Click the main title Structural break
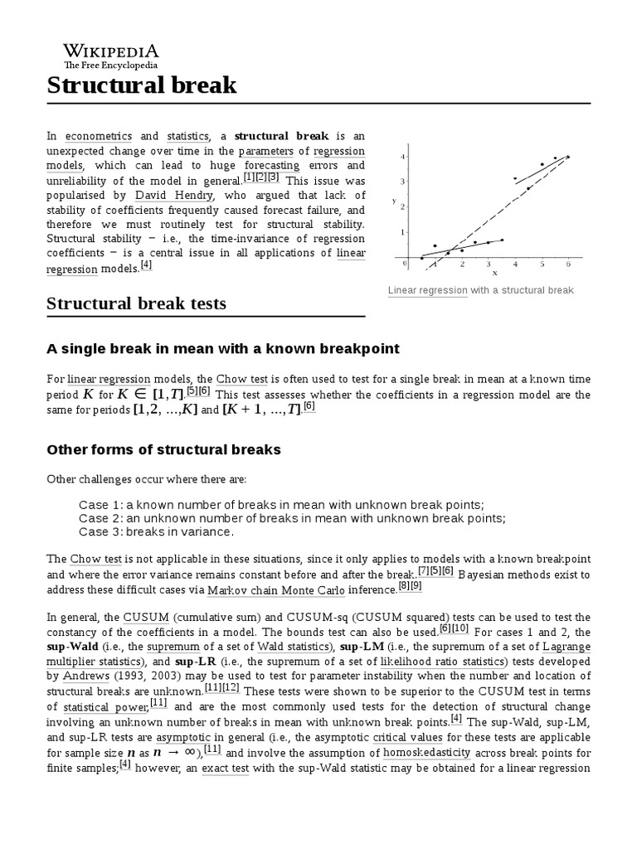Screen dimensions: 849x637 tap(141, 85)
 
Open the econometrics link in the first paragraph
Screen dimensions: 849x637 tap(98, 136)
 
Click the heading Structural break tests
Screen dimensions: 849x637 tap(136, 303)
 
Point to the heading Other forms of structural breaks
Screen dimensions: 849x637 tap(163, 449)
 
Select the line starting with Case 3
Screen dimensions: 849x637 tap(156, 531)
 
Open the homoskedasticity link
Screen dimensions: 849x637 tap(426, 753)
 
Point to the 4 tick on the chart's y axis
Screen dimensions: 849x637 tap(402, 156)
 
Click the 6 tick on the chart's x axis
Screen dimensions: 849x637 tap(568, 264)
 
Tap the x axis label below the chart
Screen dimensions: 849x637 tap(494, 272)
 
